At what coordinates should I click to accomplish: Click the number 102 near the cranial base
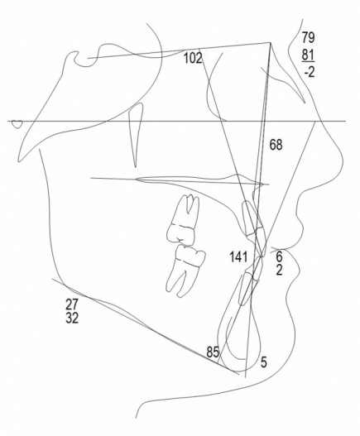[193, 59]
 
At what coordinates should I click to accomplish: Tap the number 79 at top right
[308, 37]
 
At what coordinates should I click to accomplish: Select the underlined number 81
[308, 55]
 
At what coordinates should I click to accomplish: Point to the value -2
[309, 72]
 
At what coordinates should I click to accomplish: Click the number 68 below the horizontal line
[276, 145]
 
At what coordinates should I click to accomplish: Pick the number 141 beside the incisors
[238, 257]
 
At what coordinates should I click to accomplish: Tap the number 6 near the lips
[279, 256]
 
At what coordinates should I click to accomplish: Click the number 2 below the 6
[279, 270]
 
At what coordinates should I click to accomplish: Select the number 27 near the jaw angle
[72, 304]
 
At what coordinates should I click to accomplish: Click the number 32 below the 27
[72, 318]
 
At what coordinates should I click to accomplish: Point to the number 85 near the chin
[213, 352]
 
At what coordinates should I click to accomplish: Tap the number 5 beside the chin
[263, 362]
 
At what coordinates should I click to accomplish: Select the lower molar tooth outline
[185, 271]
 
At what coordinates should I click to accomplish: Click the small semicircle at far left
[17, 124]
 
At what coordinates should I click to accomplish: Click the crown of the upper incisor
[259, 242]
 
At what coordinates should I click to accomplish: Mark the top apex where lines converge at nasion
[270, 42]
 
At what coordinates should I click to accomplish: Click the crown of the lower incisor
[257, 268]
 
